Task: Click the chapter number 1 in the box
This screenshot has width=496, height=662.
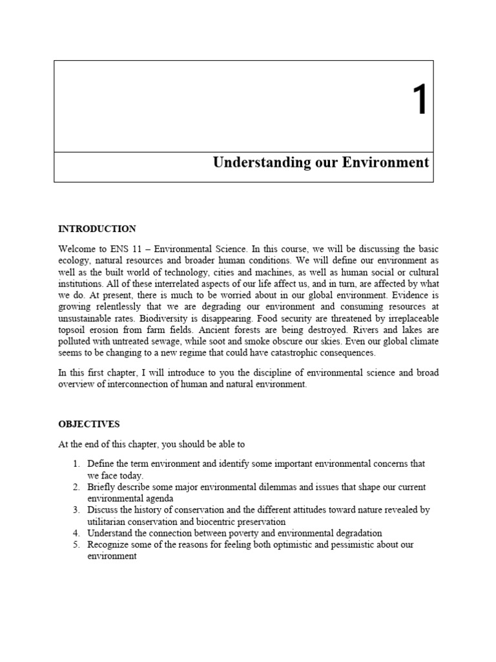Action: coord(420,101)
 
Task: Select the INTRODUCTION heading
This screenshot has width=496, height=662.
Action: coord(97,229)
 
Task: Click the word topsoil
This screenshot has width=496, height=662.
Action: coord(74,330)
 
